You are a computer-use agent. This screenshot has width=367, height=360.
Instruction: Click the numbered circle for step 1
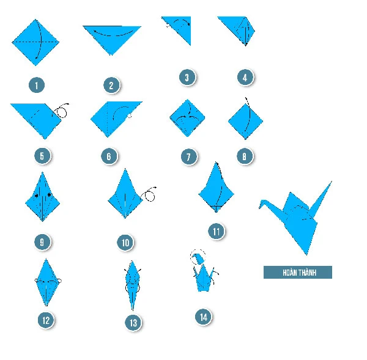pos(37,85)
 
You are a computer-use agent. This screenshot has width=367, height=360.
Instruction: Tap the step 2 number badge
pos(112,85)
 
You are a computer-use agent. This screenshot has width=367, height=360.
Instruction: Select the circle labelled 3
pos(187,78)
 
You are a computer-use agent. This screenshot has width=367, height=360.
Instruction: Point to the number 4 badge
pos(245,78)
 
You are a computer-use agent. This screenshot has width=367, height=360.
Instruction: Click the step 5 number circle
pos(42,156)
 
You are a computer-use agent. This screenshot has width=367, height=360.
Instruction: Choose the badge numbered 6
pos(109,156)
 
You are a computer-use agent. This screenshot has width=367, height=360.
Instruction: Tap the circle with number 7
pos(189,156)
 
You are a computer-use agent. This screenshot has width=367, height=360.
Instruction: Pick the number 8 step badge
pos(245,156)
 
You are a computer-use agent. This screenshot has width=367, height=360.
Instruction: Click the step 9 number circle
pos(42,242)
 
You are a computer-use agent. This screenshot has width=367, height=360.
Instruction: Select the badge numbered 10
pos(125,243)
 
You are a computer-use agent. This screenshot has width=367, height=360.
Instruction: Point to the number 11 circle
pos(217,232)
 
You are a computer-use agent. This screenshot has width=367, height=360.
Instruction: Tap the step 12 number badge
pos(46,320)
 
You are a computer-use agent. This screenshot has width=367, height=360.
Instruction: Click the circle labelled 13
pos(133,323)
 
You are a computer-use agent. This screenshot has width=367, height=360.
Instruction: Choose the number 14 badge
pos(204,317)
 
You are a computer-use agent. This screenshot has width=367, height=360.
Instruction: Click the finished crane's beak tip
pos(259,207)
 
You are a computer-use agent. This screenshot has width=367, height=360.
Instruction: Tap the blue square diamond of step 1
pos(35,42)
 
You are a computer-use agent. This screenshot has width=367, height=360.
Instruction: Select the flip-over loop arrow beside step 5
pos(62,110)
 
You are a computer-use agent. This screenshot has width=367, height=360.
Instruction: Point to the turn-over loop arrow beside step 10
pos(149,194)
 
